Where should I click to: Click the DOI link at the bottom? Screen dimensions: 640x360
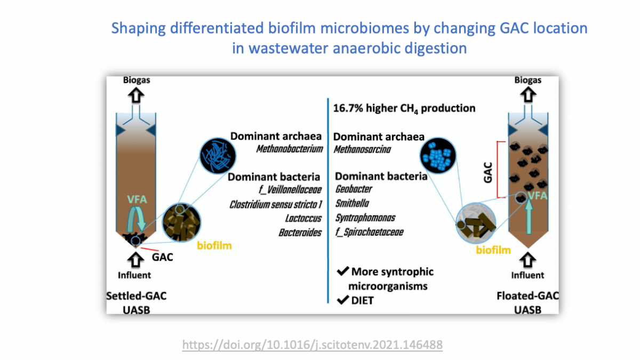313,345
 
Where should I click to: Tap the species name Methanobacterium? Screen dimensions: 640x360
289,149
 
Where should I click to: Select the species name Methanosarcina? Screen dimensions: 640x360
362,149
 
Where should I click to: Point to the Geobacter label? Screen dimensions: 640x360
354,189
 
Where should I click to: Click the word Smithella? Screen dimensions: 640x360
352,203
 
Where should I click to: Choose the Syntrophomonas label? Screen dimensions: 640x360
365,218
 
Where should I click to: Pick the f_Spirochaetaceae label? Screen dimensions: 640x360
369,232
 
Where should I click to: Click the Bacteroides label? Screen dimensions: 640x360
300,233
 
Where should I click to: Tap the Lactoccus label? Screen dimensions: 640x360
303,218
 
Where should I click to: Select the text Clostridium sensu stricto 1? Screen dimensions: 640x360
276,204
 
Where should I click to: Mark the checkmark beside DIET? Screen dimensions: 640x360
342,300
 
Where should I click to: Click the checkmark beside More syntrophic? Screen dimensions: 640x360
343,270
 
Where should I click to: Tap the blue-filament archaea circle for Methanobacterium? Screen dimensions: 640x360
218,156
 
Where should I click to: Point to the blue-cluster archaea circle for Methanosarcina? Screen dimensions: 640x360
438,156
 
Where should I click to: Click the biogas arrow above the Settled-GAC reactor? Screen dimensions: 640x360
136,95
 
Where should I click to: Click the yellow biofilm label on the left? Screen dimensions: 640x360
214,246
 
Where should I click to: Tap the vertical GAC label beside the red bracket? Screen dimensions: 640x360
488,172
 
